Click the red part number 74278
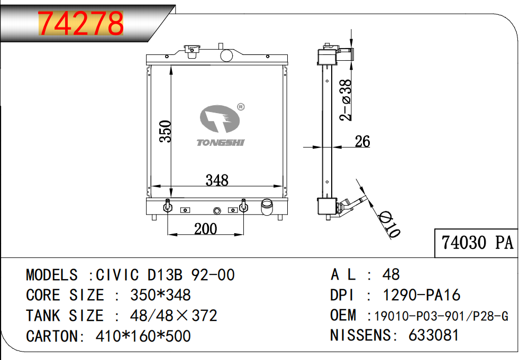pyautogui.click(x=81, y=23)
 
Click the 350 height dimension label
pyautogui.click(x=166, y=132)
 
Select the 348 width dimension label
pyautogui.click(x=217, y=180)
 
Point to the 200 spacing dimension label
pyautogui.click(x=205, y=228)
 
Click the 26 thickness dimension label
pyautogui.click(x=362, y=141)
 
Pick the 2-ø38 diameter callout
pyautogui.click(x=345, y=100)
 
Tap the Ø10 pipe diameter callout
pyautogui.click(x=390, y=224)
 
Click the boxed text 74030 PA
pyautogui.click(x=477, y=243)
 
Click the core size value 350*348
pyautogui.click(x=160, y=294)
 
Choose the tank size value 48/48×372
pyautogui.click(x=174, y=316)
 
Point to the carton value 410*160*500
pyautogui.click(x=143, y=335)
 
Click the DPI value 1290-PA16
pyautogui.click(x=421, y=294)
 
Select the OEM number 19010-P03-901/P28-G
pyautogui.click(x=441, y=316)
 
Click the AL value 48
pyautogui.click(x=391, y=274)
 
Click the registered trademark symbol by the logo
pyautogui.click(x=240, y=107)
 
